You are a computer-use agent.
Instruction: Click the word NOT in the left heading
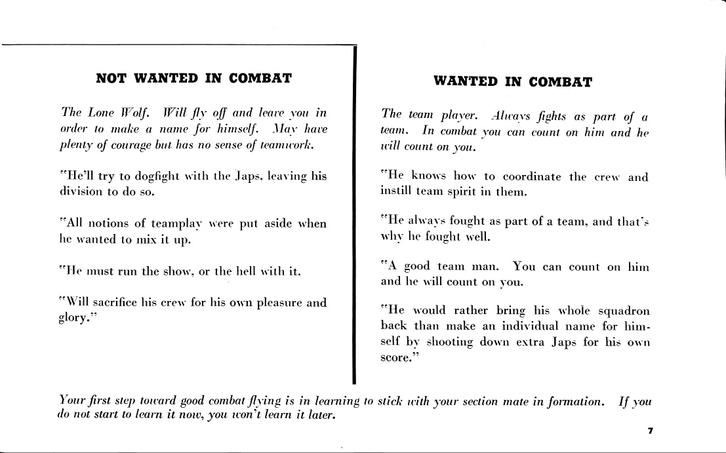(x=111, y=78)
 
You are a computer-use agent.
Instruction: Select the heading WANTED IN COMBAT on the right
(x=512, y=82)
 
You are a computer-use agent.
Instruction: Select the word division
(x=73, y=193)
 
